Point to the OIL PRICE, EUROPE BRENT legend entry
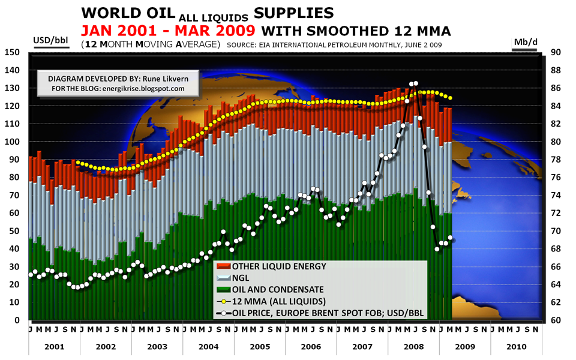coord(323,311)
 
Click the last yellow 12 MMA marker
coord(451,98)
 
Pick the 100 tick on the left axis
coord(13,142)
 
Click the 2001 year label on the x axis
coord(54,346)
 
